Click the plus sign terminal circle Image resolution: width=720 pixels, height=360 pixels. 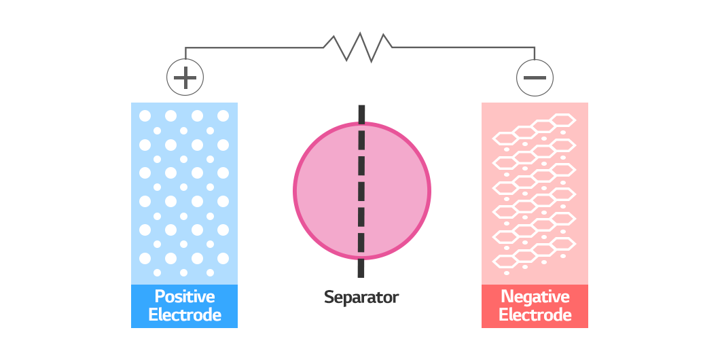185,77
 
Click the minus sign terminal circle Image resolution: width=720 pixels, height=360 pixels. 535,77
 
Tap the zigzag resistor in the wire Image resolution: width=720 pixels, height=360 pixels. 358,47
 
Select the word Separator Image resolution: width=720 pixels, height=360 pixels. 361,297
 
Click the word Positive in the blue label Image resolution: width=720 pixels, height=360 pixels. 185,296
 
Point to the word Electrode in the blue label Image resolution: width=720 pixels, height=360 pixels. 185,315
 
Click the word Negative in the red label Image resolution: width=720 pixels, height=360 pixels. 535,296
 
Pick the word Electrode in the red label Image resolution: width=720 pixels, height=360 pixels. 535,315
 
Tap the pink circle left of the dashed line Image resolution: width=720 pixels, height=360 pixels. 326,191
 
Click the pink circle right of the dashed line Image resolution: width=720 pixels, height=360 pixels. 397,191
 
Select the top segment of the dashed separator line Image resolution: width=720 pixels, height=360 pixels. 362,114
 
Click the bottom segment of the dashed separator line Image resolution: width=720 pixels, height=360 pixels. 361,268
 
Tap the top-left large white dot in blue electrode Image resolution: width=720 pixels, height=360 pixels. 145,115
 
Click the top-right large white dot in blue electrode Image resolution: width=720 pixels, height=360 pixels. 223,115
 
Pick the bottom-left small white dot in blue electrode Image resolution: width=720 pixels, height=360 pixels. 157,273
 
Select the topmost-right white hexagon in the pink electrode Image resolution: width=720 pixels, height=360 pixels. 563,120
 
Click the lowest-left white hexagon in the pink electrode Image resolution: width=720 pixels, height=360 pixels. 505,262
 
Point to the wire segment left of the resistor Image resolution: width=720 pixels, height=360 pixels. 255,48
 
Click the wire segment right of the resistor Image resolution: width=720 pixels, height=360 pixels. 464,48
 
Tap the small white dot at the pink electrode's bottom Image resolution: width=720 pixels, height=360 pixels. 507,273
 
